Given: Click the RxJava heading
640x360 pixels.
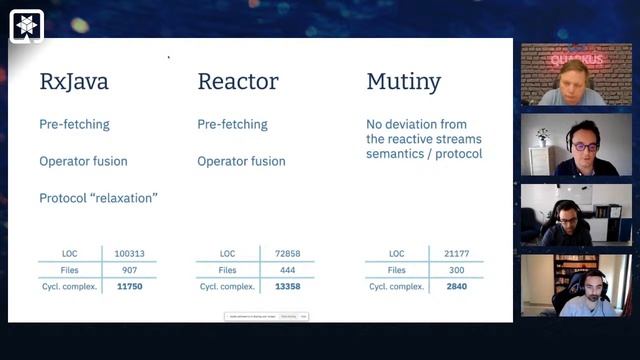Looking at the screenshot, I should (74, 82).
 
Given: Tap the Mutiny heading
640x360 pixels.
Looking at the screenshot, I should (403, 82).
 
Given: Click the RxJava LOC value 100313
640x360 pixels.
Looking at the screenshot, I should (130, 254).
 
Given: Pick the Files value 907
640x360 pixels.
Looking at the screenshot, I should (130, 270).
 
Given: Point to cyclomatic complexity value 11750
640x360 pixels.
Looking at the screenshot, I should (130, 286).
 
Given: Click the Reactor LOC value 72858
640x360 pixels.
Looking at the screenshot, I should (287, 254).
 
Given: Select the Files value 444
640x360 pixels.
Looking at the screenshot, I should (287, 270).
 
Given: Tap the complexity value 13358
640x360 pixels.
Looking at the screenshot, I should (287, 286).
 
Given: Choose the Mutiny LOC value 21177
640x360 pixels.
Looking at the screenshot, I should (456, 254).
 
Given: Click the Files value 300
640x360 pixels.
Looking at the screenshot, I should (456, 270).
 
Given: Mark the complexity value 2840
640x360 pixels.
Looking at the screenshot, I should (456, 286).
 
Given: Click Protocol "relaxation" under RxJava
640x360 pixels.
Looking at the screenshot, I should (98, 198).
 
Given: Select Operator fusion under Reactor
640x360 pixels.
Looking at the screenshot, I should (241, 161).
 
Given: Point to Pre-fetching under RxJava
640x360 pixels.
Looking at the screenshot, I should (74, 125).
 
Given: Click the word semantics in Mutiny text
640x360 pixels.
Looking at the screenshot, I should (394, 154).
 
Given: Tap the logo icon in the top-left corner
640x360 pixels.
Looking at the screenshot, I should (26, 24).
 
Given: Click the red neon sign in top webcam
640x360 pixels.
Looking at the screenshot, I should (577, 59).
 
